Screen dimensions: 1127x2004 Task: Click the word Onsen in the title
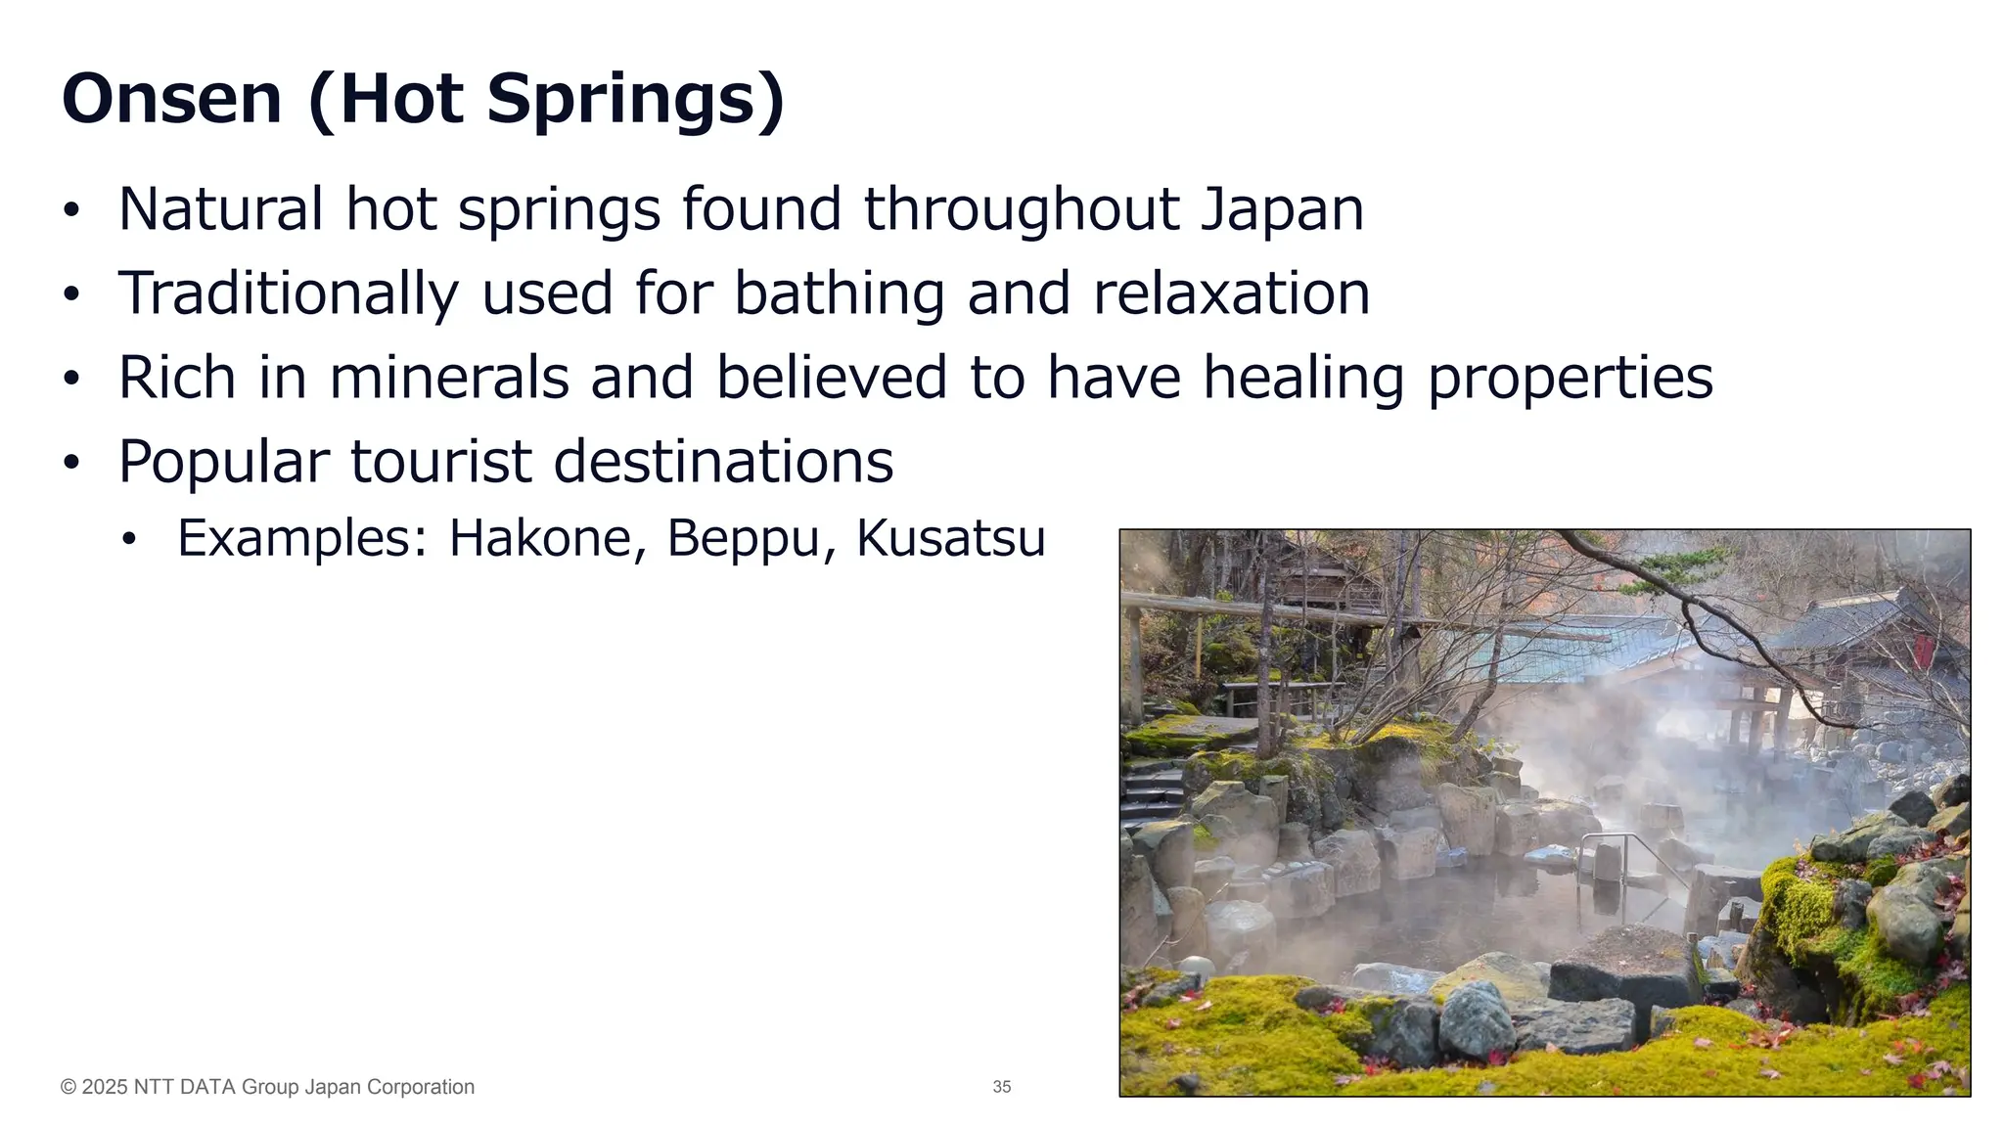coord(172,99)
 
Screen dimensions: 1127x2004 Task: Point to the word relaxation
coord(1231,293)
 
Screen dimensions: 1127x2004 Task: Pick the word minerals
coord(449,378)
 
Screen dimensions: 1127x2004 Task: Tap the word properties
coord(1571,380)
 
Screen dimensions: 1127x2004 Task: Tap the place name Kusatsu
coord(950,538)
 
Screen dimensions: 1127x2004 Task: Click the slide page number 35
coord(1001,1087)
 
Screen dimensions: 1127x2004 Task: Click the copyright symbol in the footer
coord(68,1087)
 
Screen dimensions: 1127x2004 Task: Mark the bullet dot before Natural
coord(69,211)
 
